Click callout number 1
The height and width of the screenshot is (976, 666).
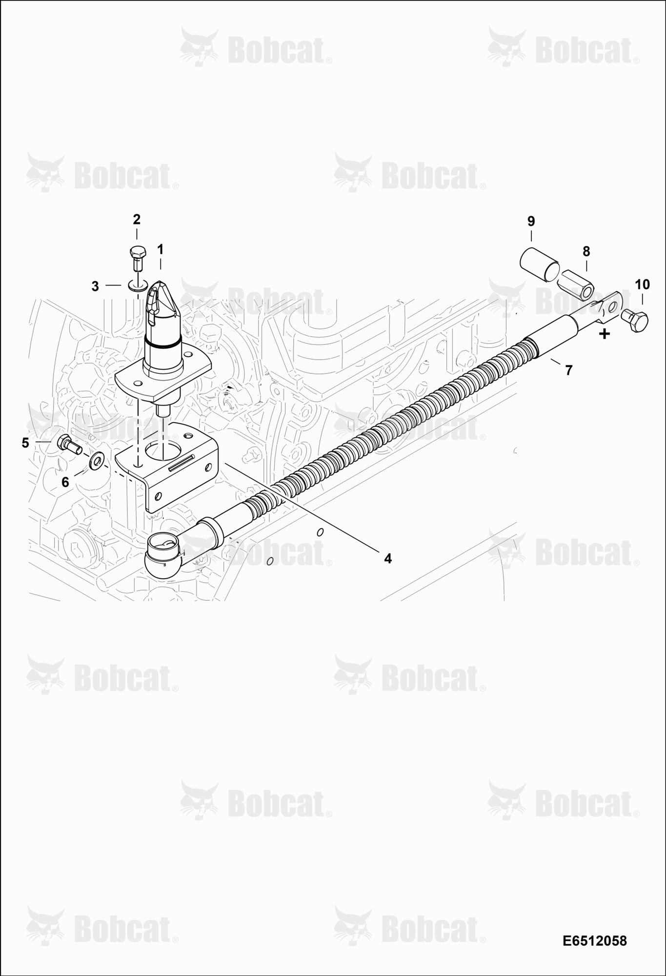(160, 249)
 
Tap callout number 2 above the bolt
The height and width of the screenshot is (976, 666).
(137, 219)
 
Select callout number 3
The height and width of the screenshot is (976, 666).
(95, 286)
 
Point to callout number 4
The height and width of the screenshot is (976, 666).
(388, 558)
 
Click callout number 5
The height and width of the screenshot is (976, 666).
(25, 443)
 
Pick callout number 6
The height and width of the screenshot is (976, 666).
(65, 482)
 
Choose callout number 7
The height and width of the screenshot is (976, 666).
(568, 370)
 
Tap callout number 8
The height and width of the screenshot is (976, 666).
(586, 252)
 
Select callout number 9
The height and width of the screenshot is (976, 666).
(531, 222)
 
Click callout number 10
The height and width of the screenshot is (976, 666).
(643, 285)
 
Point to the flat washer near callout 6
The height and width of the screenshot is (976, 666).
(95, 460)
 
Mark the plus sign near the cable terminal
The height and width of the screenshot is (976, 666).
(605, 334)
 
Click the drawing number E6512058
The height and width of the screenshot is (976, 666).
(594, 940)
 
